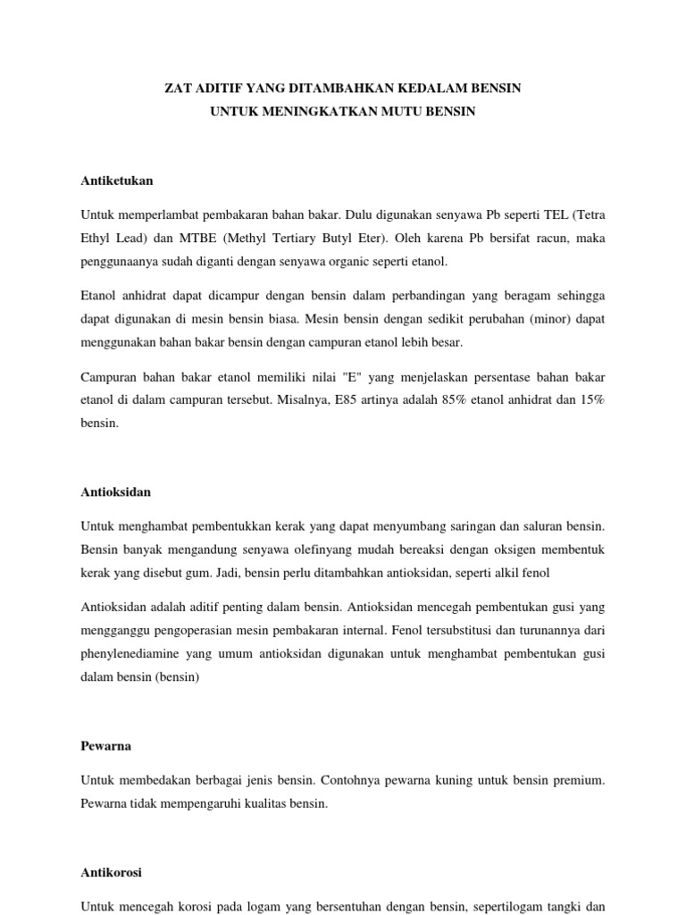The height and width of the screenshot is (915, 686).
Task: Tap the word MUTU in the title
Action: pyautogui.click(x=397, y=112)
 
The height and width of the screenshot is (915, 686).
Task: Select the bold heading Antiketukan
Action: pyautogui.click(x=117, y=180)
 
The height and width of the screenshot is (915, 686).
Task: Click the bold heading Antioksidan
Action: pyautogui.click(x=116, y=491)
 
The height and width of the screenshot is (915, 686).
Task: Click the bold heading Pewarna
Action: pyautogui.click(x=106, y=745)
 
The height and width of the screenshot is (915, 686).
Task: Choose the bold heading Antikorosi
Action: pyautogui.click(x=112, y=872)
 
